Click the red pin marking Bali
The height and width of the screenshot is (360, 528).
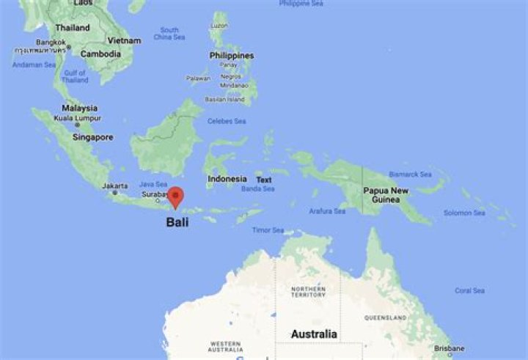(x=175, y=196)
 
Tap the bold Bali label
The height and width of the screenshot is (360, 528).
(x=177, y=221)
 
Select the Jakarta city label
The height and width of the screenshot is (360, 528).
(x=115, y=185)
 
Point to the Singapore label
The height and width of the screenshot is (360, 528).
(x=93, y=137)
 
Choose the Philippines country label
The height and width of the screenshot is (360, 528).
(x=232, y=56)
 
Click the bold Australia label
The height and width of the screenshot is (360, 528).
(x=314, y=334)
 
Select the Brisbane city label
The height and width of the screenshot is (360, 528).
(x=449, y=348)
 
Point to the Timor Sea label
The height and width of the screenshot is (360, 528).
(x=268, y=230)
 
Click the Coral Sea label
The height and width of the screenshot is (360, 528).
(x=469, y=290)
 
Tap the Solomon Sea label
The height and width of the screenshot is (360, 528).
(x=464, y=213)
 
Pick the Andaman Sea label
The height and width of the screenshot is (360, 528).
(x=34, y=65)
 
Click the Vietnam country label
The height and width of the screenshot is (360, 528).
(x=124, y=40)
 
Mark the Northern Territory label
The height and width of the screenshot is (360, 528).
(x=308, y=291)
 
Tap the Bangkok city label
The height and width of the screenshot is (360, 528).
(x=51, y=42)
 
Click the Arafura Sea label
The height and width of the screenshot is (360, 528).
(x=327, y=211)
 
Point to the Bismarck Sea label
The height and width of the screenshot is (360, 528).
(x=410, y=175)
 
